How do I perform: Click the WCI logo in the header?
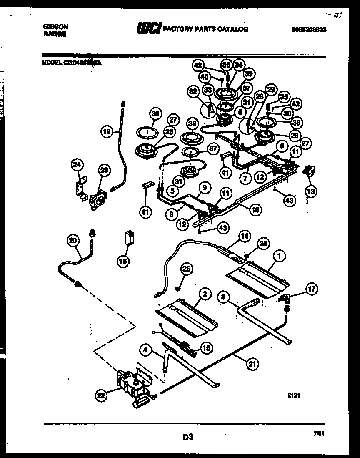click(148, 29)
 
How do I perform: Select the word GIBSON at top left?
click(56, 26)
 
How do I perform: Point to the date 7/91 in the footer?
click(319, 433)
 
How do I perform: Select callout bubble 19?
click(107, 132)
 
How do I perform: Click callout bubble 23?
click(104, 169)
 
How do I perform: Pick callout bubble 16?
click(123, 261)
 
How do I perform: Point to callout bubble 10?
click(255, 209)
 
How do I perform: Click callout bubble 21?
click(251, 364)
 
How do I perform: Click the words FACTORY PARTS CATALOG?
click(205, 29)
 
